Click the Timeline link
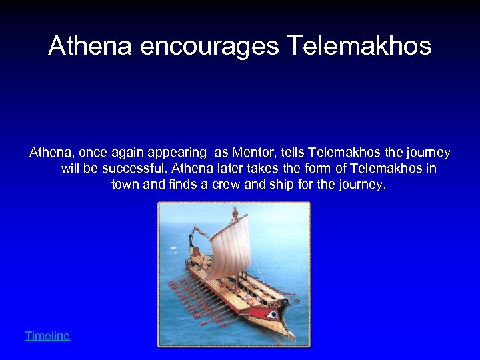(47, 336)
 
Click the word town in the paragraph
(125, 185)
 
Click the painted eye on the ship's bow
(272, 313)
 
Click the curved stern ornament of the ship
(194, 235)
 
